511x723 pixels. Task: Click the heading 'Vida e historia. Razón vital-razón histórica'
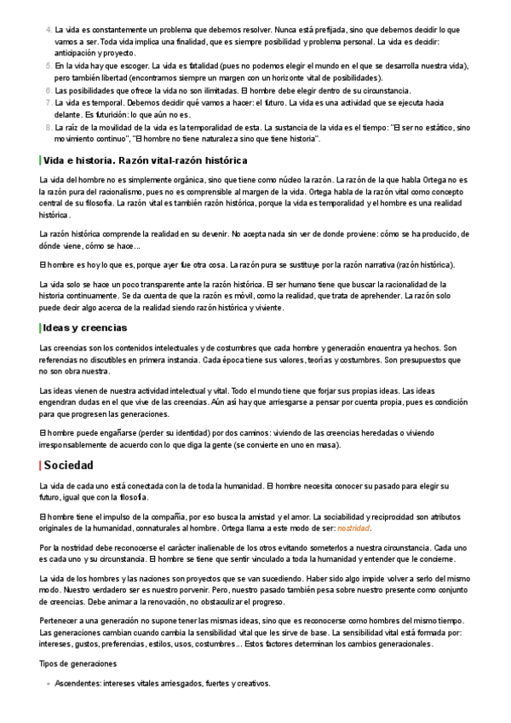tap(145, 160)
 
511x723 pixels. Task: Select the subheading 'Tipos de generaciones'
tap(78, 663)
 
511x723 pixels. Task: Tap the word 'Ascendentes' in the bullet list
tap(78, 684)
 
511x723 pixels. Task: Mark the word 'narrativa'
tap(383, 264)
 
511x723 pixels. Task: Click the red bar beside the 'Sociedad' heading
tap(40, 466)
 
